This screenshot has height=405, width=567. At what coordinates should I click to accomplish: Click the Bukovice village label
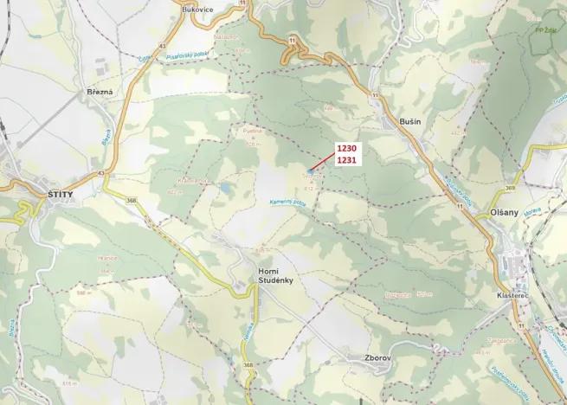pos(198,8)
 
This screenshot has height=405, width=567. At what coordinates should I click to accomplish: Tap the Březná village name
pos(100,91)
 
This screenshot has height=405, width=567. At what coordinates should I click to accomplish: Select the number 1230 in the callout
pos(346,148)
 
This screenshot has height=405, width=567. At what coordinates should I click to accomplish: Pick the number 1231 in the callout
pos(346,160)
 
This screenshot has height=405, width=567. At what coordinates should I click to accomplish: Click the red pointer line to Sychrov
pos(321,161)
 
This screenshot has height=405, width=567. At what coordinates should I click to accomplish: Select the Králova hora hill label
pos(193,181)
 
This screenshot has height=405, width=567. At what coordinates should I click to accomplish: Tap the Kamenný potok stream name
pos(287,202)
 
